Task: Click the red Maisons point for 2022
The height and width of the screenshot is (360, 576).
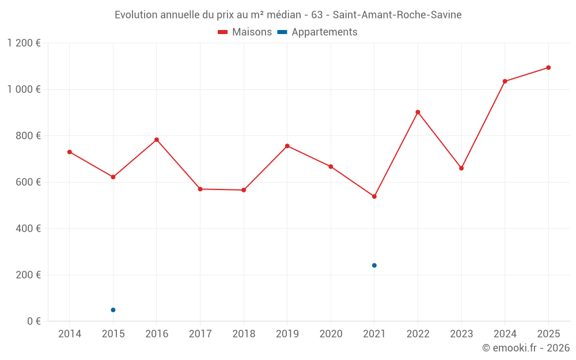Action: pyautogui.click(x=418, y=112)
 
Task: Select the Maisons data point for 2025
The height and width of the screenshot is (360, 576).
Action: pyautogui.click(x=548, y=67)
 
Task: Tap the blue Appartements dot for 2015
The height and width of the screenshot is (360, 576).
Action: pyautogui.click(x=113, y=310)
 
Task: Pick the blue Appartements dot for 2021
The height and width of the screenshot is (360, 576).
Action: pyautogui.click(x=374, y=266)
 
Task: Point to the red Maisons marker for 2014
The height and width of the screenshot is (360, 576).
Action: pyautogui.click(x=70, y=152)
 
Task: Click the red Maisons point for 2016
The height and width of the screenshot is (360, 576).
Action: pyautogui.click(x=157, y=140)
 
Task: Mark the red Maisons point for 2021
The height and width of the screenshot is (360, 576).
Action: pyautogui.click(x=374, y=196)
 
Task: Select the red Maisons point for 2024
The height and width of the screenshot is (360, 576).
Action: pyautogui.click(x=505, y=81)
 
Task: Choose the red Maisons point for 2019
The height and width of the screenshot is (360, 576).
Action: pyautogui.click(x=287, y=146)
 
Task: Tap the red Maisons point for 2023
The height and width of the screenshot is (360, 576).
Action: pyautogui.click(x=461, y=168)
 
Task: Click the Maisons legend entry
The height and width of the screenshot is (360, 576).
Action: pyautogui.click(x=245, y=32)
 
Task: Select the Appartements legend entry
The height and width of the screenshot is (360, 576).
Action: pyautogui.click(x=317, y=32)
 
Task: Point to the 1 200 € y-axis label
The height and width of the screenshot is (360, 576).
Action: pyautogui.click(x=24, y=43)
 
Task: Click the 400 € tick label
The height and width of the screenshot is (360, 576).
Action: pyautogui.click(x=28, y=229)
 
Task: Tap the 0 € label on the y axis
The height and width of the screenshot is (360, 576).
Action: pyautogui.click(x=34, y=321)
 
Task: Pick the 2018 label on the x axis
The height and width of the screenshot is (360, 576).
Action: pyautogui.click(x=244, y=334)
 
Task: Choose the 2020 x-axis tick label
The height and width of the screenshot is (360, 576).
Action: pyautogui.click(x=331, y=334)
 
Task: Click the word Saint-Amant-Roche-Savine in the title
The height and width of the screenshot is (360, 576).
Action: pyautogui.click(x=397, y=15)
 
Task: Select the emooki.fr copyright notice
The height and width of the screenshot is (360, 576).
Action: pyautogui.click(x=525, y=348)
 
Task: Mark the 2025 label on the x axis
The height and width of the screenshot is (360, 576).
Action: pyautogui.click(x=548, y=334)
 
